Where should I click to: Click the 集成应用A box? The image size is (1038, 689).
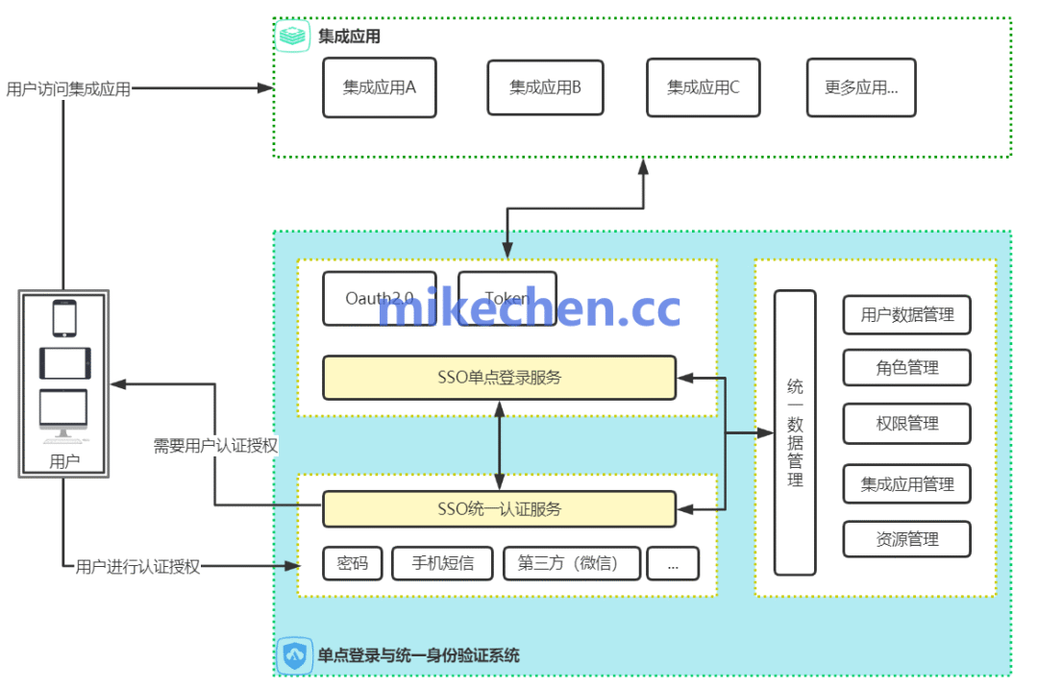(379, 87)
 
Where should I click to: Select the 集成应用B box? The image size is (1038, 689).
(545, 87)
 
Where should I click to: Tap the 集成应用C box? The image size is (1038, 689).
(703, 87)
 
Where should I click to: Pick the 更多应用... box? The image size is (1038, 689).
(861, 87)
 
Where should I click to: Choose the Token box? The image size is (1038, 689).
(507, 298)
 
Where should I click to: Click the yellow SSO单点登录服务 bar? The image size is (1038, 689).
(499, 378)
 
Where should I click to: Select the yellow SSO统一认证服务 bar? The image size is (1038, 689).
(499, 508)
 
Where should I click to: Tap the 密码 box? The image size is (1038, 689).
(352, 563)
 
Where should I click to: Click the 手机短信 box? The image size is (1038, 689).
(442, 563)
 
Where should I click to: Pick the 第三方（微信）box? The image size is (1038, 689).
(571, 563)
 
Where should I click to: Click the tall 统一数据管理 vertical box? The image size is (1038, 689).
(795, 432)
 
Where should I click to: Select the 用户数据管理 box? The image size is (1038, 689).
(906, 315)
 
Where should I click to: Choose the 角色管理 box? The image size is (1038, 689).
(906, 367)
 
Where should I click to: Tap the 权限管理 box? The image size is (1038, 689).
(906, 423)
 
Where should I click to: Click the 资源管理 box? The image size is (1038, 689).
(906, 539)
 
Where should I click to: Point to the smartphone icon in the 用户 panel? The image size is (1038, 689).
(64, 318)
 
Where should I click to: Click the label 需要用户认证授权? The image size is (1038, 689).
(215, 446)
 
